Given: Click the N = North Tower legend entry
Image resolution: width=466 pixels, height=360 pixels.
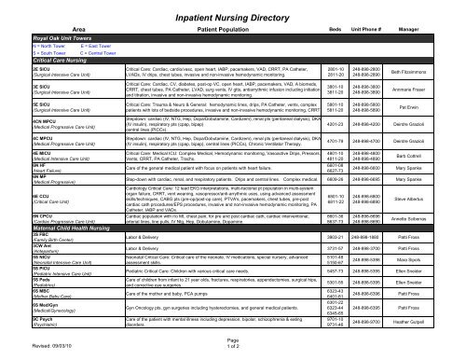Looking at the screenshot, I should click(x=23, y=45).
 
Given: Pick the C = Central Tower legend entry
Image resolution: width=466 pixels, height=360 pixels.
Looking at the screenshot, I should click(x=85, y=51).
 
